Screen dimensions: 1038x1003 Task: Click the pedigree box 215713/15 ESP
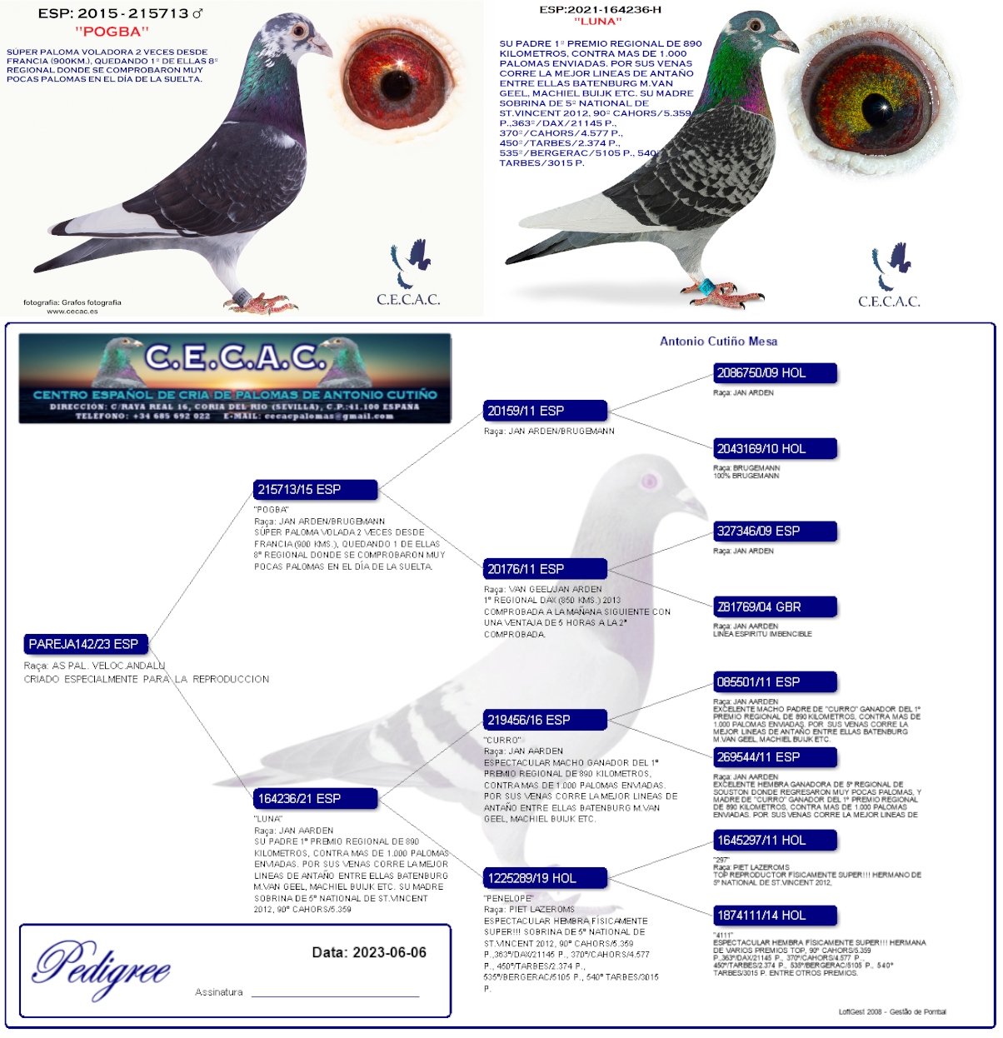pyautogui.click(x=315, y=490)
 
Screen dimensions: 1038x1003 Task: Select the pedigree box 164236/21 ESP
pyautogui.click(x=315, y=799)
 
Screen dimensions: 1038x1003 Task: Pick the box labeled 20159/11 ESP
pyautogui.click(x=545, y=411)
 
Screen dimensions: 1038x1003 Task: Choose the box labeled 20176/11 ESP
pyautogui.click(x=545, y=569)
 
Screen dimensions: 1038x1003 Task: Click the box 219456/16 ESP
pyautogui.click(x=545, y=720)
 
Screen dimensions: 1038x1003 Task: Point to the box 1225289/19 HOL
pyautogui.click(x=545, y=878)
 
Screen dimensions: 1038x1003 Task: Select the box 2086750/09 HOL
pyautogui.click(x=775, y=373)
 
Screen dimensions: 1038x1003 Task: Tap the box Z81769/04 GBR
pyautogui.click(x=775, y=606)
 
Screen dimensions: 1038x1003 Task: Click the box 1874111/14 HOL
pyautogui.click(x=775, y=916)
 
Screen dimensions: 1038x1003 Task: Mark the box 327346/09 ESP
pyautogui.click(x=775, y=531)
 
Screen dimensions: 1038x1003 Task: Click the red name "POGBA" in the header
pyautogui.click(x=112, y=32)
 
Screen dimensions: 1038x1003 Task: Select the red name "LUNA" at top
pyautogui.click(x=597, y=22)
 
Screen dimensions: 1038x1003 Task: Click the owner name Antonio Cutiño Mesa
pyautogui.click(x=718, y=341)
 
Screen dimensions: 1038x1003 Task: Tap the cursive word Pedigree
pyautogui.click(x=102, y=966)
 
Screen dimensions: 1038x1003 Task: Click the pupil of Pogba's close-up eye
pyautogui.click(x=393, y=82)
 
